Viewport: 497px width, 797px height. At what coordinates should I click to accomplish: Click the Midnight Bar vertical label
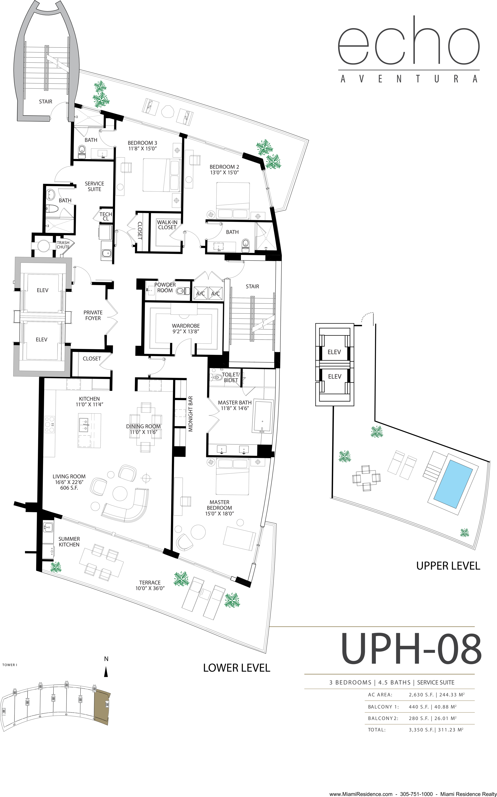pos(191,414)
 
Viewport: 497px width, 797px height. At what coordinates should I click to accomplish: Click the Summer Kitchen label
pos(69,542)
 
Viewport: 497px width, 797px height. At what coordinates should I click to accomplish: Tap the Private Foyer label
pos(93,315)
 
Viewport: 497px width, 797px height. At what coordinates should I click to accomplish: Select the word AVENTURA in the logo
pos(409,79)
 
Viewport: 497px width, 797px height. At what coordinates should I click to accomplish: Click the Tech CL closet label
pos(106,216)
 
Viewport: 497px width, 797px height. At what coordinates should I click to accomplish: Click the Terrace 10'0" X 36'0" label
pos(150,585)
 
